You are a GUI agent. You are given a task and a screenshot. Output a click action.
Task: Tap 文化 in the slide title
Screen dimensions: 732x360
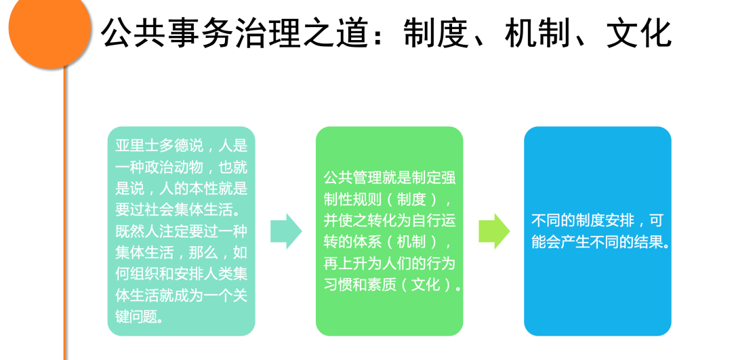638,33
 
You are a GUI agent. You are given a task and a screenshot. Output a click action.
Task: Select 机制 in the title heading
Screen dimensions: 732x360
537,33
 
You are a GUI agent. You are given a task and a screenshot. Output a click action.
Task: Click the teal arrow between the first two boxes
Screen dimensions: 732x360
286,231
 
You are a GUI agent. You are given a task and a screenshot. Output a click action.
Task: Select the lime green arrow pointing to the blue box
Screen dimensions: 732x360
494,231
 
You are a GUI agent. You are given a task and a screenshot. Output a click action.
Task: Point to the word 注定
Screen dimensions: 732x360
188,232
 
